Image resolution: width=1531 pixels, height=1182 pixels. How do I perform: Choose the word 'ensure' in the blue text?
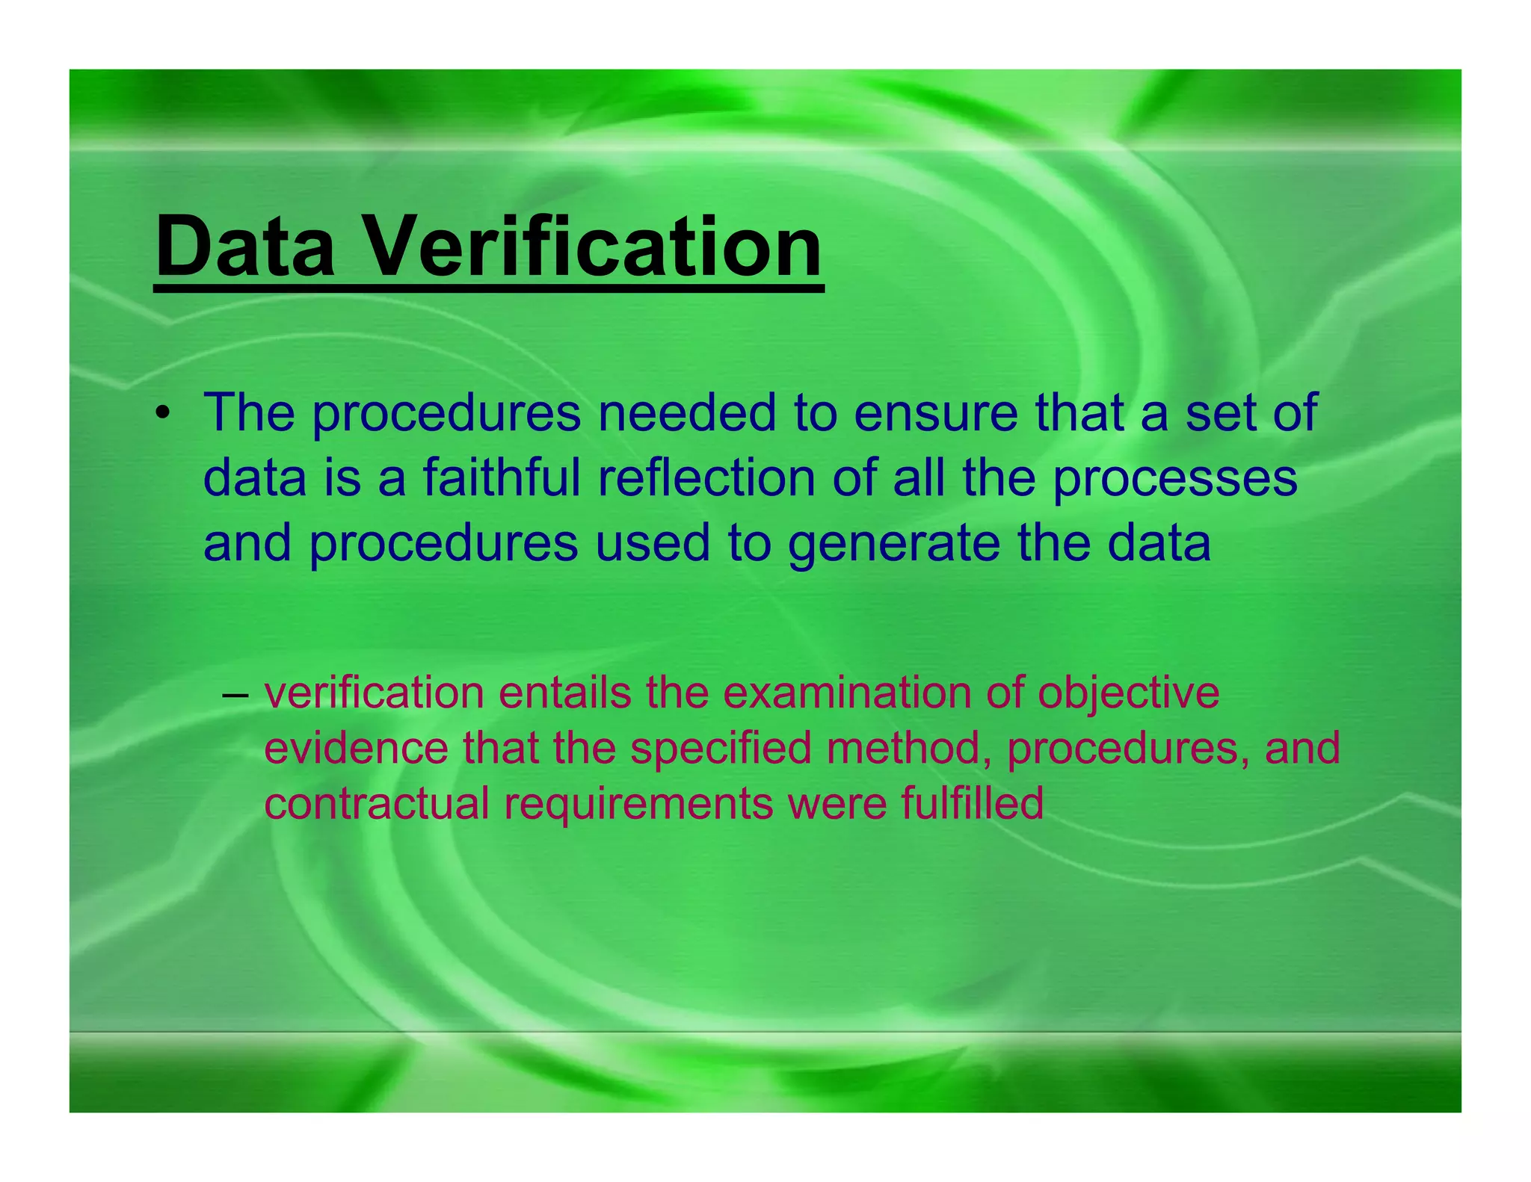click(935, 412)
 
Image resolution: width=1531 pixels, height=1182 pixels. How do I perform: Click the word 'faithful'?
click(502, 477)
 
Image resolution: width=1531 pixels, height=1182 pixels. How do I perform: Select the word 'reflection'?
click(706, 477)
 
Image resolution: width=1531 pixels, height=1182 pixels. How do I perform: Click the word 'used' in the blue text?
click(652, 542)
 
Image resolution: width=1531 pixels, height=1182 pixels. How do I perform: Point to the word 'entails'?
click(565, 693)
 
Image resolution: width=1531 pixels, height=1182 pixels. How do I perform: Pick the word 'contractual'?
click(377, 803)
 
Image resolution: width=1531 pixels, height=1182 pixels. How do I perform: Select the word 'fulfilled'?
click(972, 803)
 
